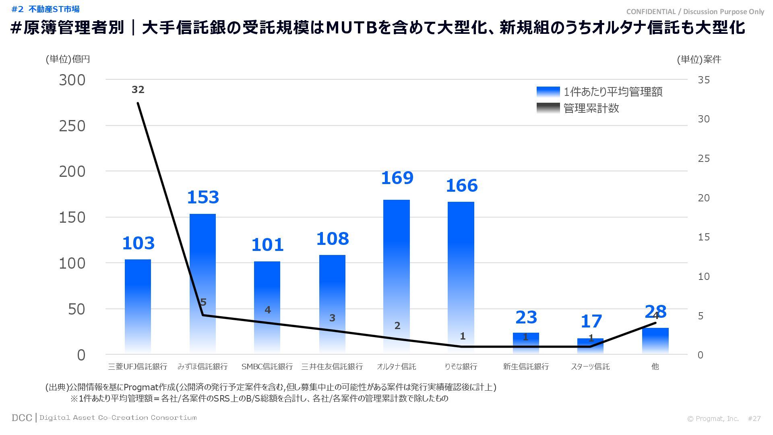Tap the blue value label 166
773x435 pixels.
pyautogui.click(x=461, y=186)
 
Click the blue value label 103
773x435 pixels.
pyautogui.click(x=138, y=243)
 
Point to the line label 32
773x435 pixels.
pyautogui.click(x=138, y=90)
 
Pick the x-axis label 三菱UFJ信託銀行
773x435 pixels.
pyautogui.click(x=138, y=367)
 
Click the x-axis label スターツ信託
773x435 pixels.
pyautogui.click(x=590, y=367)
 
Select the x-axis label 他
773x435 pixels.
pyautogui.click(x=655, y=367)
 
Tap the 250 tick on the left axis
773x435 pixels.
pyautogui.click(x=72, y=126)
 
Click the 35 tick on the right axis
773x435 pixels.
pyautogui.click(x=704, y=80)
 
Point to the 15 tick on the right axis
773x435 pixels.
pyautogui.click(x=704, y=237)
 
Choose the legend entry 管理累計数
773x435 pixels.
pyautogui.click(x=591, y=108)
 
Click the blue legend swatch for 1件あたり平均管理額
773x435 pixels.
pyautogui.click(x=548, y=92)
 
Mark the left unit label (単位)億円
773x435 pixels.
pyautogui.click(x=68, y=59)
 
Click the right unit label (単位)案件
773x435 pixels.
pyautogui.click(x=699, y=60)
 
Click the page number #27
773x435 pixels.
pyautogui.click(x=754, y=418)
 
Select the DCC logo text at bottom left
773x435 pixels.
pyautogui.click(x=22, y=418)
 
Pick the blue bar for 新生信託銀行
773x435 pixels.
pyautogui.click(x=526, y=343)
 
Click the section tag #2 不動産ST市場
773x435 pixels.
pyautogui.click(x=45, y=9)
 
